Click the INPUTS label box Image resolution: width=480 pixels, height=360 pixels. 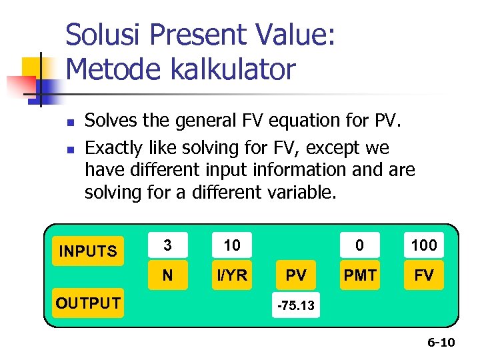coord(88,251)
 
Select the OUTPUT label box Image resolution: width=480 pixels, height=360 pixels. coord(88,303)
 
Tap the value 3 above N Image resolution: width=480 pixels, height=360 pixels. coord(167,245)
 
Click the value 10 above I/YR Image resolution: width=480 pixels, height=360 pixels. coord(232,245)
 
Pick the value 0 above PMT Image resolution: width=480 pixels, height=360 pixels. coord(360,245)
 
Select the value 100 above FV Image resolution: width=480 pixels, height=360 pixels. coord(424,245)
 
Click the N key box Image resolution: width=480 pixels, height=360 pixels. coord(167,275)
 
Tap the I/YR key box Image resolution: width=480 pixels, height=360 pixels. coord(232,275)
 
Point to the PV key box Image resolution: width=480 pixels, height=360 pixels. coord(296,275)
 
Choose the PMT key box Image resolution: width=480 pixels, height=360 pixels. coord(360,275)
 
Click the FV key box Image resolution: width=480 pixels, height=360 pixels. coord(424,275)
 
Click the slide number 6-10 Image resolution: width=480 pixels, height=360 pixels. coord(441,343)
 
